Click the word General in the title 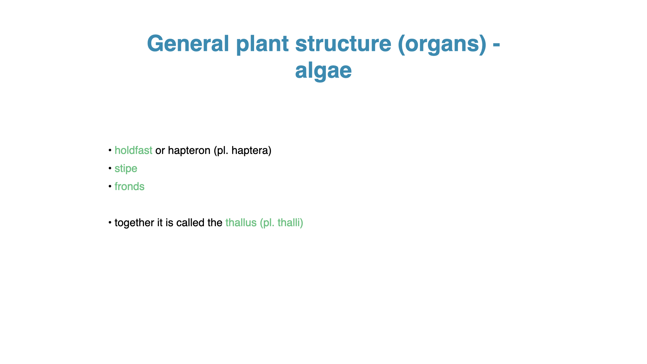(188, 43)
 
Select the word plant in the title (262, 44)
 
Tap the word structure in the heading (343, 44)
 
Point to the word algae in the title (323, 71)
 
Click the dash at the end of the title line (496, 45)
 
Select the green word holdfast (133, 150)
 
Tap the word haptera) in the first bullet (251, 151)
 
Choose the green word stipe (126, 169)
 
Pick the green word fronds (129, 186)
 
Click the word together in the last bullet (134, 223)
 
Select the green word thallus (241, 222)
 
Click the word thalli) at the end (290, 223)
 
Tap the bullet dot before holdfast (110, 150)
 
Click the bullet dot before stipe (110, 168)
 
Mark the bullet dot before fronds (110, 186)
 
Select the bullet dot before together (110, 222)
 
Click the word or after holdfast (160, 151)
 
